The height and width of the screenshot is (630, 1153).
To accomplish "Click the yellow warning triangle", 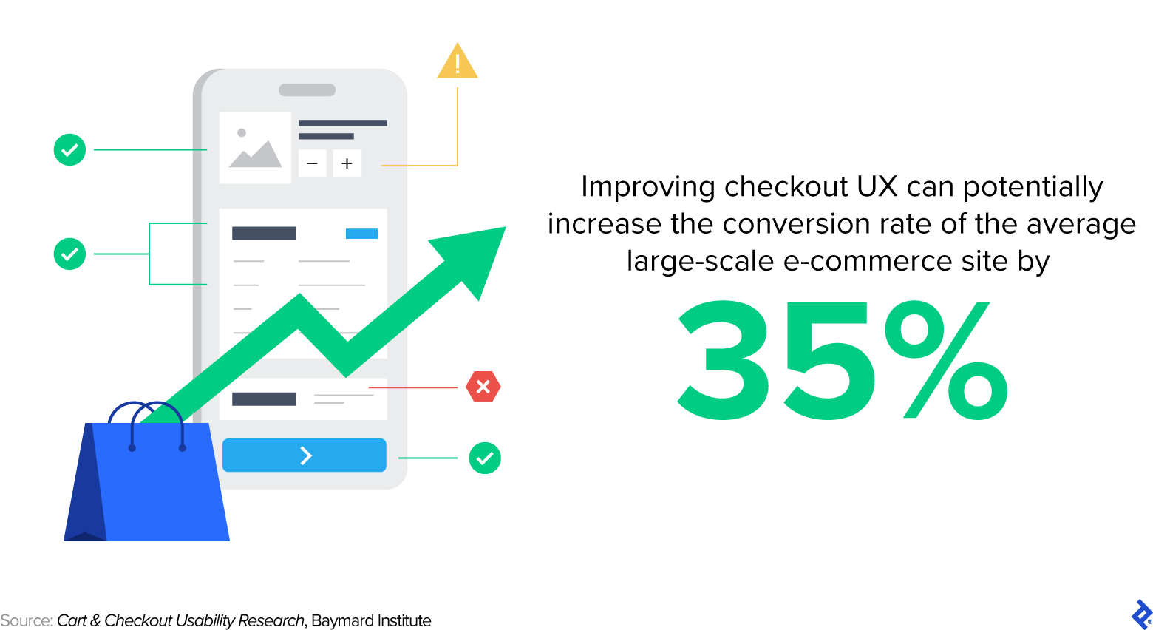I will (458, 62).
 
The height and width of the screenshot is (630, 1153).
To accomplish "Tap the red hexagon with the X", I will (483, 387).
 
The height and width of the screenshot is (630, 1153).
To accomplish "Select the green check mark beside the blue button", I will (485, 458).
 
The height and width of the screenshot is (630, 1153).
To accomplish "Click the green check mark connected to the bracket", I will (70, 254).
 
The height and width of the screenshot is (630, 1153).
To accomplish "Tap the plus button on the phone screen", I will (347, 163).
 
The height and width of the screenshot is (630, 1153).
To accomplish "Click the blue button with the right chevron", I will (305, 455).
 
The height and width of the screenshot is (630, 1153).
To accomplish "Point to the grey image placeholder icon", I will (255, 148).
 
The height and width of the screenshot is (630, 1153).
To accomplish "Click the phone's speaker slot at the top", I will (307, 90).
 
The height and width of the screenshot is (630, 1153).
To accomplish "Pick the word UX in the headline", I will (877, 187).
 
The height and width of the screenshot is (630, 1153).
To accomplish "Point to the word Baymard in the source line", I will (337, 620).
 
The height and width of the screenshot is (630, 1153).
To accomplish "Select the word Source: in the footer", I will (27, 620).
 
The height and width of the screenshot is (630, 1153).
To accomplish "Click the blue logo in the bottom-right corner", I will (1142, 614).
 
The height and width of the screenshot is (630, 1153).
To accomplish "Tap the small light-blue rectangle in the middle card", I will (361, 234).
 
